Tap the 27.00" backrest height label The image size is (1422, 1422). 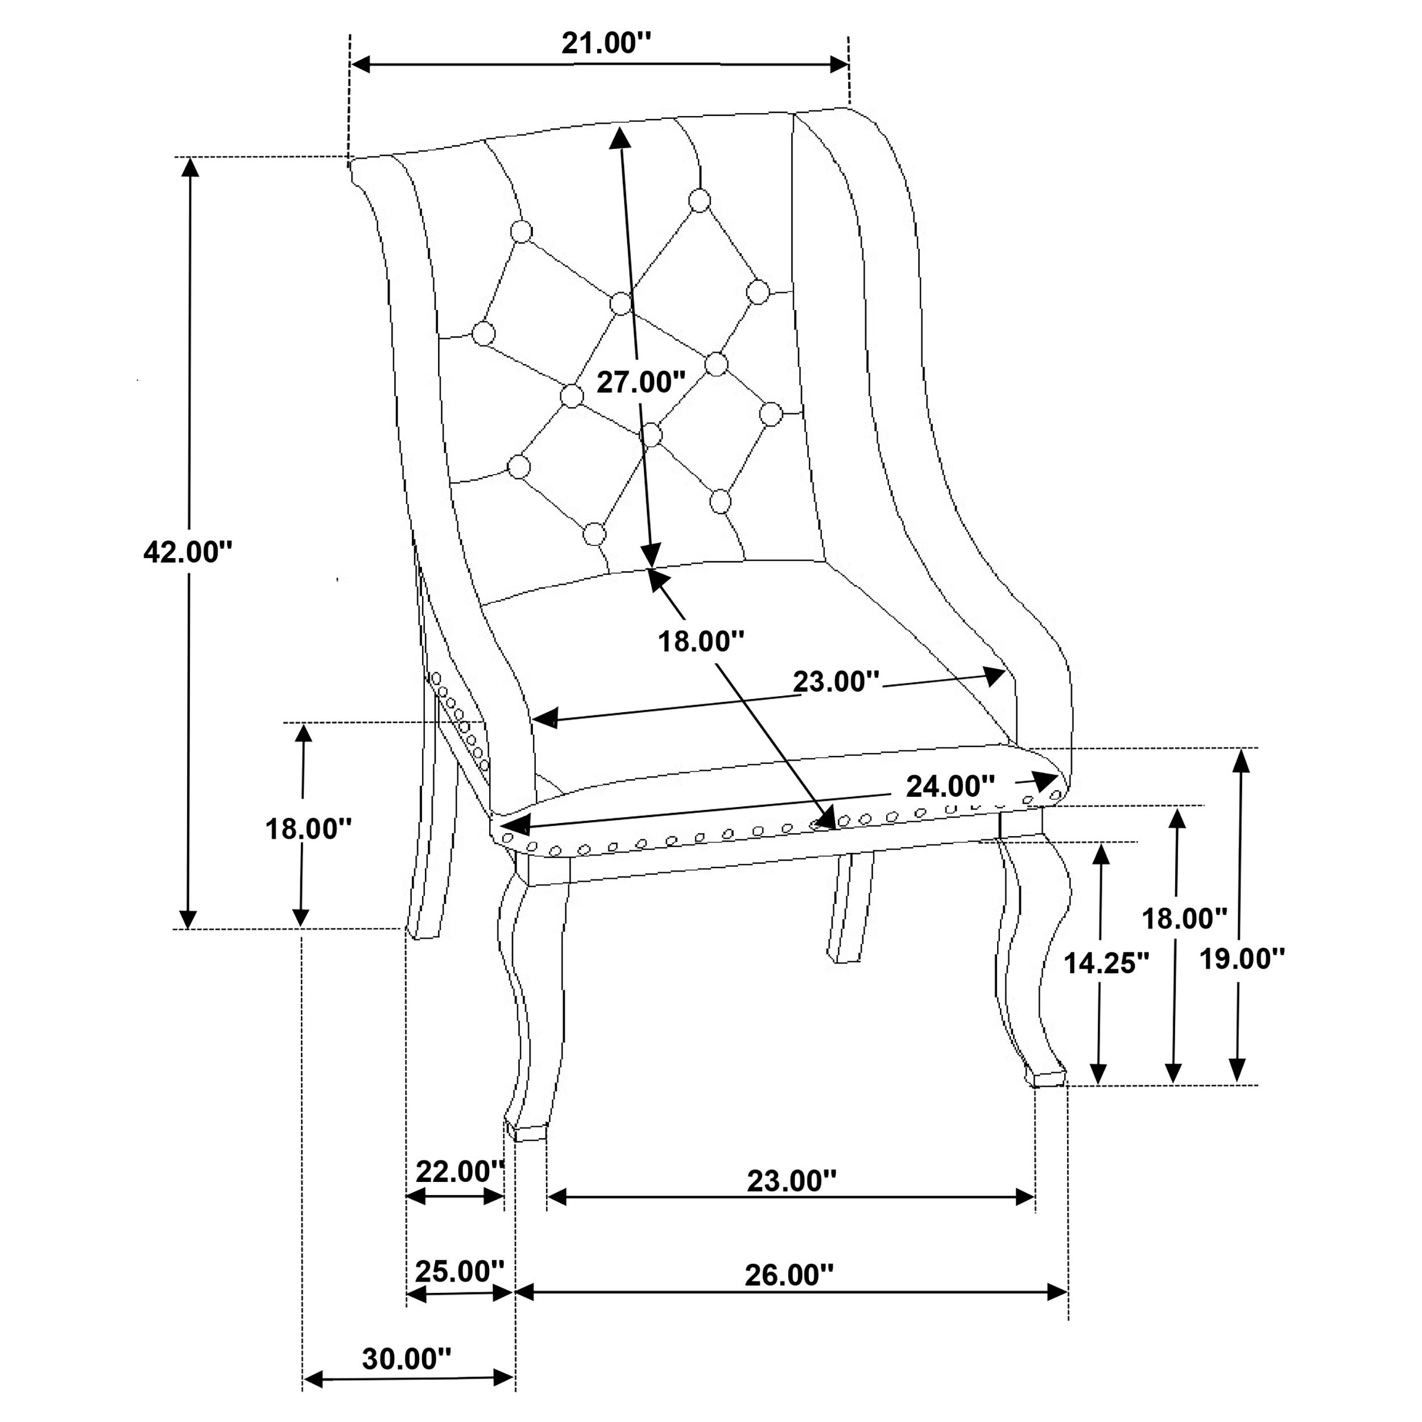pos(640,382)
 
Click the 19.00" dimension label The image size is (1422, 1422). pos(1242,958)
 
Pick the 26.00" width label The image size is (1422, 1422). pos(789,1275)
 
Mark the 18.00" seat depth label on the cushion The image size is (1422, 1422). pos(701,641)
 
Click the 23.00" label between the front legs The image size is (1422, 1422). pos(792,1181)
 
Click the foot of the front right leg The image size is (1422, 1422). pos(1048,1079)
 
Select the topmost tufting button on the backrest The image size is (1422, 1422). pos(699,200)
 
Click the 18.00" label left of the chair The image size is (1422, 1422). pos(308,829)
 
